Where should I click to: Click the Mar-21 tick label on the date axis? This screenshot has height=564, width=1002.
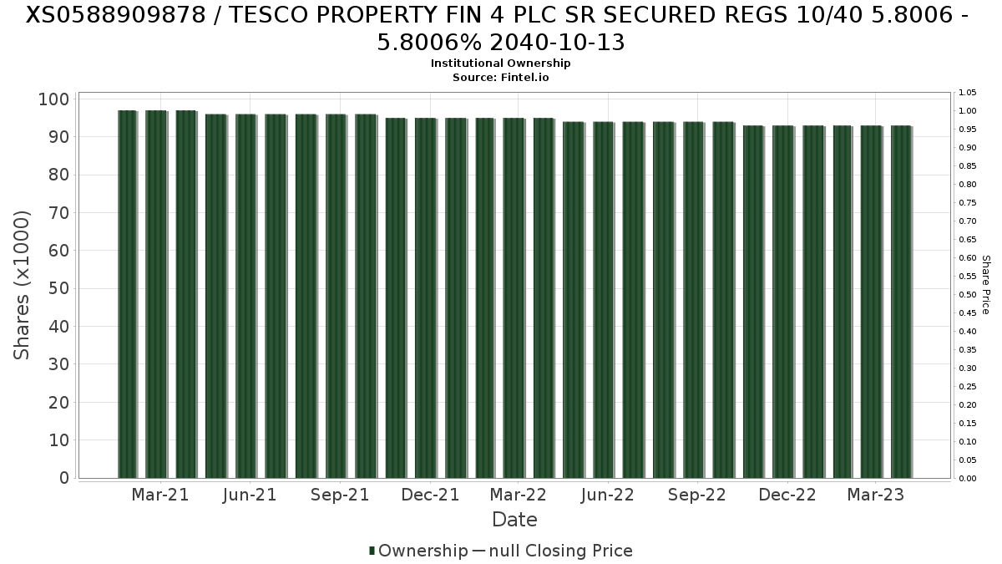point(160,495)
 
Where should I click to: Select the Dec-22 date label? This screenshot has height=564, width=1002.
point(787,495)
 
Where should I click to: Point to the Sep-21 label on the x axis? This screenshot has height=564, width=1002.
point(340,495)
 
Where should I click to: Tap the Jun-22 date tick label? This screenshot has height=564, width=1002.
point(608,495)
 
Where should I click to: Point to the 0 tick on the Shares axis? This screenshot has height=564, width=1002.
point(64,478)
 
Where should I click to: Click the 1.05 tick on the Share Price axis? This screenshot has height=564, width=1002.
point(967,93)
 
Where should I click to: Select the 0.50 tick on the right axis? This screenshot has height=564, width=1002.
point(967,295)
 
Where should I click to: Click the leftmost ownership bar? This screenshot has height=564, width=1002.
point(127,294)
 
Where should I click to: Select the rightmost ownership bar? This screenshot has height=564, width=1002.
point(901,302)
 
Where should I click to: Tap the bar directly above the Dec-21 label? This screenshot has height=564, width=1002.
point(426,298)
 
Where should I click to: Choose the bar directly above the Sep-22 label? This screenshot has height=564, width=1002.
point(693,300)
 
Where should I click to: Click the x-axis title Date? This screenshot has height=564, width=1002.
point(514,520)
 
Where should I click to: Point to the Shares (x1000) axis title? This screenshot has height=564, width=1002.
point(23,285)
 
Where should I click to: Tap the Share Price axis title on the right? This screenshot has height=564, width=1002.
point(986,285)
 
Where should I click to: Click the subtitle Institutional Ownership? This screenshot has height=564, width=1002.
point(501,64)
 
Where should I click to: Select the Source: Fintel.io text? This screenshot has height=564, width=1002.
point(501,77)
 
